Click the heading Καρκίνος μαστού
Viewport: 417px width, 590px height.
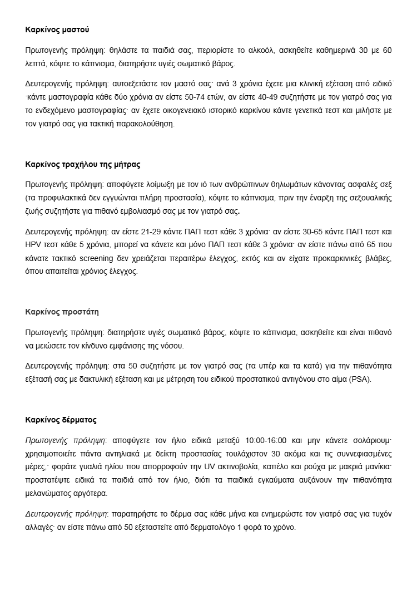pos(57,29)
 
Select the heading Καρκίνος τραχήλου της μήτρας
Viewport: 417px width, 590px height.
pos(82,165)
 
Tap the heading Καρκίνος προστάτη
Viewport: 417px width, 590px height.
pos(62,311)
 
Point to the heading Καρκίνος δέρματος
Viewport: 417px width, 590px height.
pos(61,419)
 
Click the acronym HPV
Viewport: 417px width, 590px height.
pos(34,245)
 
